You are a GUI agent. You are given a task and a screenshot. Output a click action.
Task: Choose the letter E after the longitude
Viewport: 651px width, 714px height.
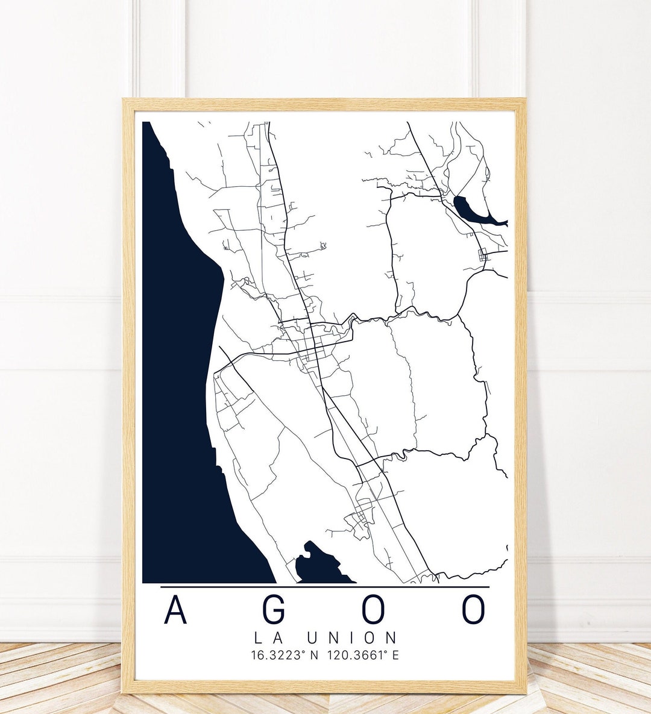tap(395, 655)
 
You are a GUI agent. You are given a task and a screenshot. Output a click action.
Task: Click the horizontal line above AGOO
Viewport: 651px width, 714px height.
tap(325, 586)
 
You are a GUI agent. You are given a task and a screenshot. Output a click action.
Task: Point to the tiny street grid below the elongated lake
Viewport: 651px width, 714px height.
tap(482, 255)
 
